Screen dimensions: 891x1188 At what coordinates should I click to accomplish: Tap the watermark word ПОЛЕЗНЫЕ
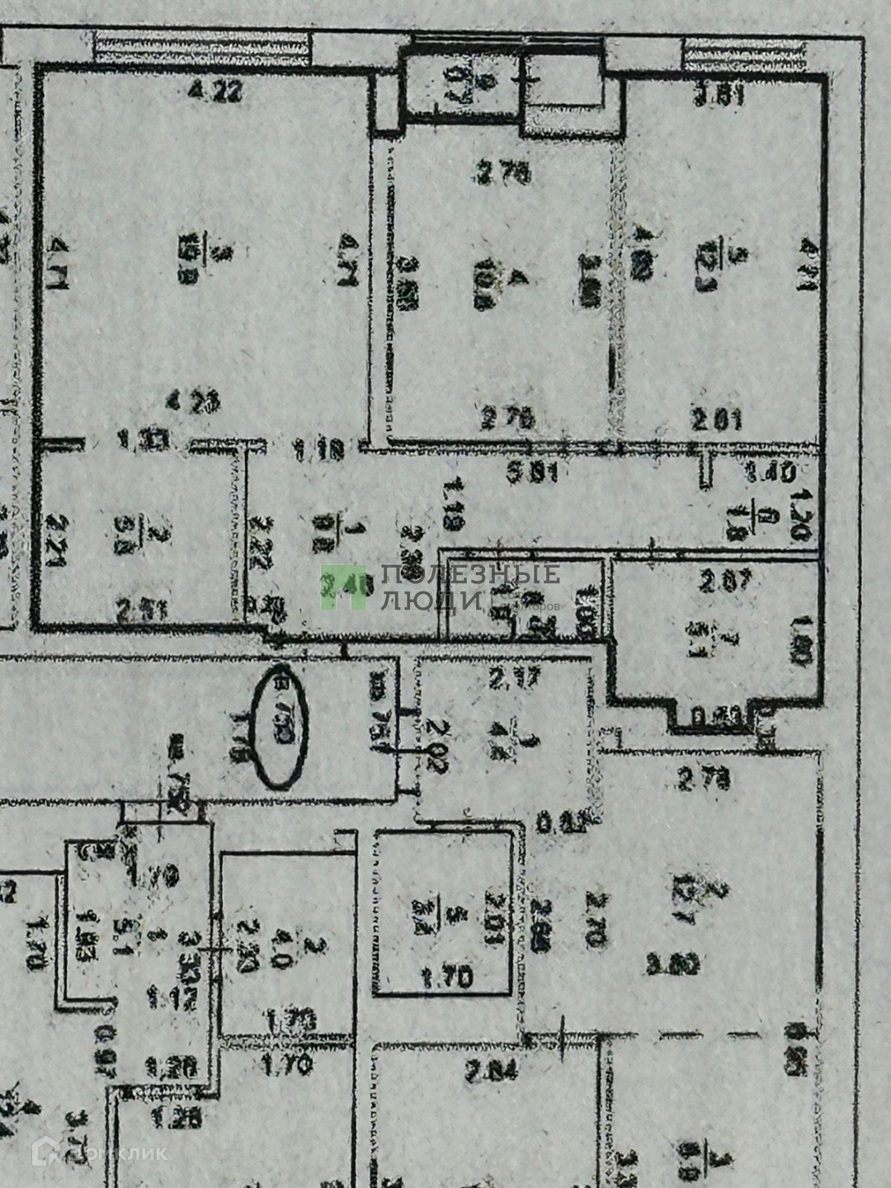(x=469, y=575)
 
